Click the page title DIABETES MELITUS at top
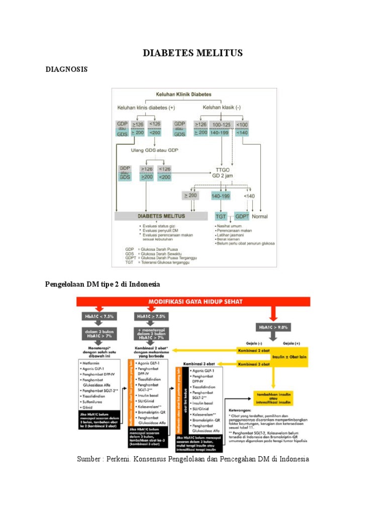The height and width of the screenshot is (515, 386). tap(193, 53)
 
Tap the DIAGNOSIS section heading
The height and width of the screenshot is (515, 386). tap(66, 69)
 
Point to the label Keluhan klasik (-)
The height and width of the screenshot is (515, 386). tap(221, 108)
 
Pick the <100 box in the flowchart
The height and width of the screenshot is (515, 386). tap(242, 124)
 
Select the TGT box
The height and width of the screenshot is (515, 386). tap(221, 216)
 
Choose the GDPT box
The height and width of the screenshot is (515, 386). tap(242, 216)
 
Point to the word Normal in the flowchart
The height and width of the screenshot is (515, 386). tap(260, 216)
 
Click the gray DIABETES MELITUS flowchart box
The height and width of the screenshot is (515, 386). tap(161, 216)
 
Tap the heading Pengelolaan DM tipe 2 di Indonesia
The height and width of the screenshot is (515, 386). tap(103, 284)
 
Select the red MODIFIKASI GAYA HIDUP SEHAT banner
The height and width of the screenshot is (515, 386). tap(193, 302)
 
